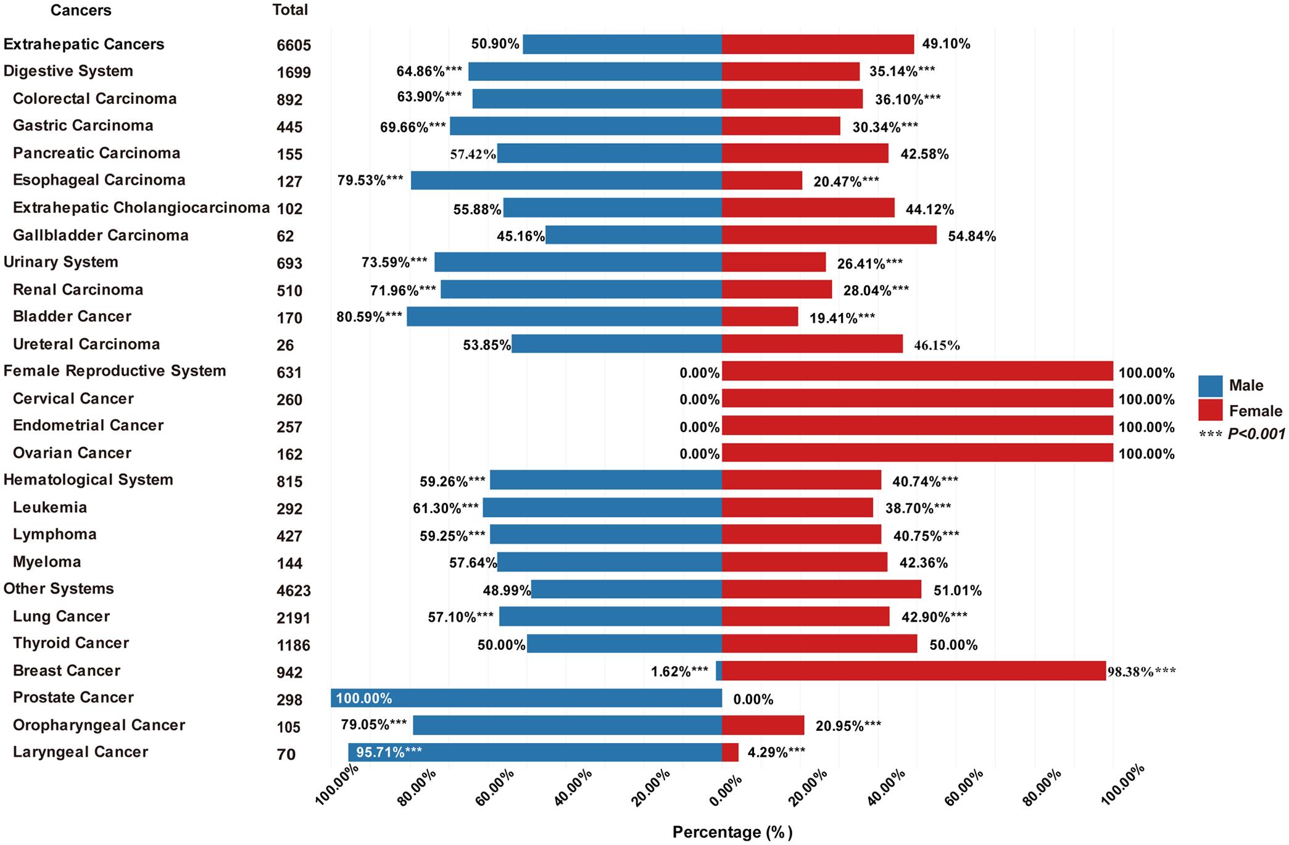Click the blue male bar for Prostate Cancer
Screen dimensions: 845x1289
click(x=526, y=698)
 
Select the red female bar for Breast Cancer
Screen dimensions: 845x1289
click(x=913, y=671)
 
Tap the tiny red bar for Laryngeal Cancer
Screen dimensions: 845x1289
click(x=730, y=752)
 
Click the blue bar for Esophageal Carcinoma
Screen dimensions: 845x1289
click(x=566, y=180)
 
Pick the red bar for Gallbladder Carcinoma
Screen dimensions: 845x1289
click(x=829, y=235)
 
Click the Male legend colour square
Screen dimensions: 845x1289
click(x=1210, y=386)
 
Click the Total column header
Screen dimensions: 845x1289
click(x=290, y=10)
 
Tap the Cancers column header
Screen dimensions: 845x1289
click(x=81, y=10)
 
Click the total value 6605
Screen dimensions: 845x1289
click(x=294, y=45)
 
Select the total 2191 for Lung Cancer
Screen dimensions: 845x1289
click(x=293, y=618)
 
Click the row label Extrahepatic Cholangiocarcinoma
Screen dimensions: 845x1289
click(x=141, y=207)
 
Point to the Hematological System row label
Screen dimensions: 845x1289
click(x=88, y=480)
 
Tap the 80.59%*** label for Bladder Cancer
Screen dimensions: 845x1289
click(x=369, y=317)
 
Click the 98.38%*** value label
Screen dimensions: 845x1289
click(x=1141, y=672)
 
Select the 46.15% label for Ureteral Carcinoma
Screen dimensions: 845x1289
click(x=937, y=345)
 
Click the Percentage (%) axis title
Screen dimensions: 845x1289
click(x=732, y=832)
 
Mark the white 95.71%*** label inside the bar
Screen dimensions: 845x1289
click(x=389, y=752)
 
